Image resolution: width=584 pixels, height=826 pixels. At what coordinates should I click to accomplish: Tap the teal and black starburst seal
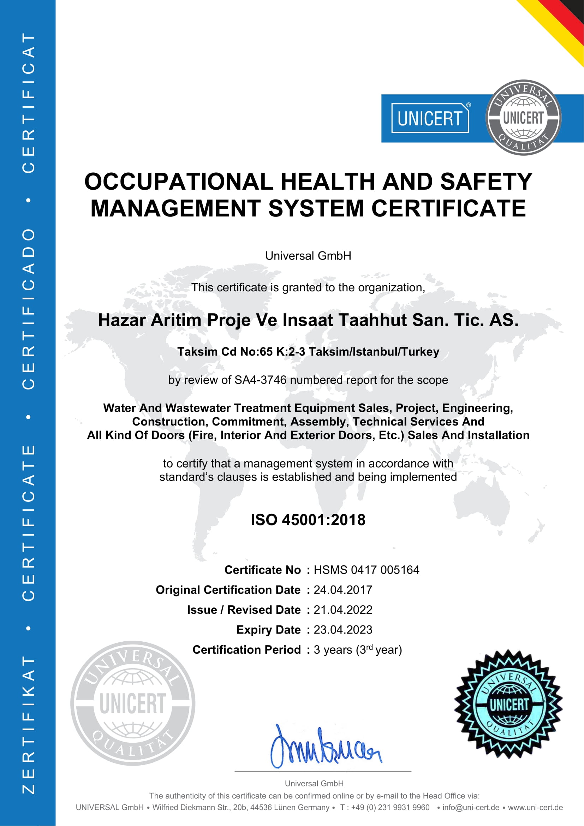tap(508, 704)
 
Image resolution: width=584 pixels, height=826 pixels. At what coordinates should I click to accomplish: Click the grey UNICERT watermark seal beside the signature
tap(133, 703)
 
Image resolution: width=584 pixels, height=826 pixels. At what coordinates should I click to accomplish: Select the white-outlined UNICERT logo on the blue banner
tap(430, 118)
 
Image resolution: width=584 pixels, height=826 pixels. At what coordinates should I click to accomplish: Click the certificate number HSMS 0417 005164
tap(367, 570)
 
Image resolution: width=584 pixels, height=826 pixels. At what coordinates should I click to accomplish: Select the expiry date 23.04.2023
tap(343, 630)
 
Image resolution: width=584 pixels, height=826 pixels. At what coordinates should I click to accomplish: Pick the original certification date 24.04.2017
tap(343, 590)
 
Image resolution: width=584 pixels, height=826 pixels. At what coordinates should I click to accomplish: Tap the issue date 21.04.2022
tap(343, 610)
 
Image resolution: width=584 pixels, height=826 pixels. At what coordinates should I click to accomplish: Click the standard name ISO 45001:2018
tap(308, 520)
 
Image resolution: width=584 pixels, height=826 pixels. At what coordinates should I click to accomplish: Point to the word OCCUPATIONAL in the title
tap(179, 181)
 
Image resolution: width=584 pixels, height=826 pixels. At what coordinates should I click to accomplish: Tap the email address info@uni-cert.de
tap(471, 807)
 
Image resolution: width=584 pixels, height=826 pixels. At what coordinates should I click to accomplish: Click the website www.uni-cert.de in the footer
tap(536, 807)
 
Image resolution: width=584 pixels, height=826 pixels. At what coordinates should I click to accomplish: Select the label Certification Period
tap(246, 650)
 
